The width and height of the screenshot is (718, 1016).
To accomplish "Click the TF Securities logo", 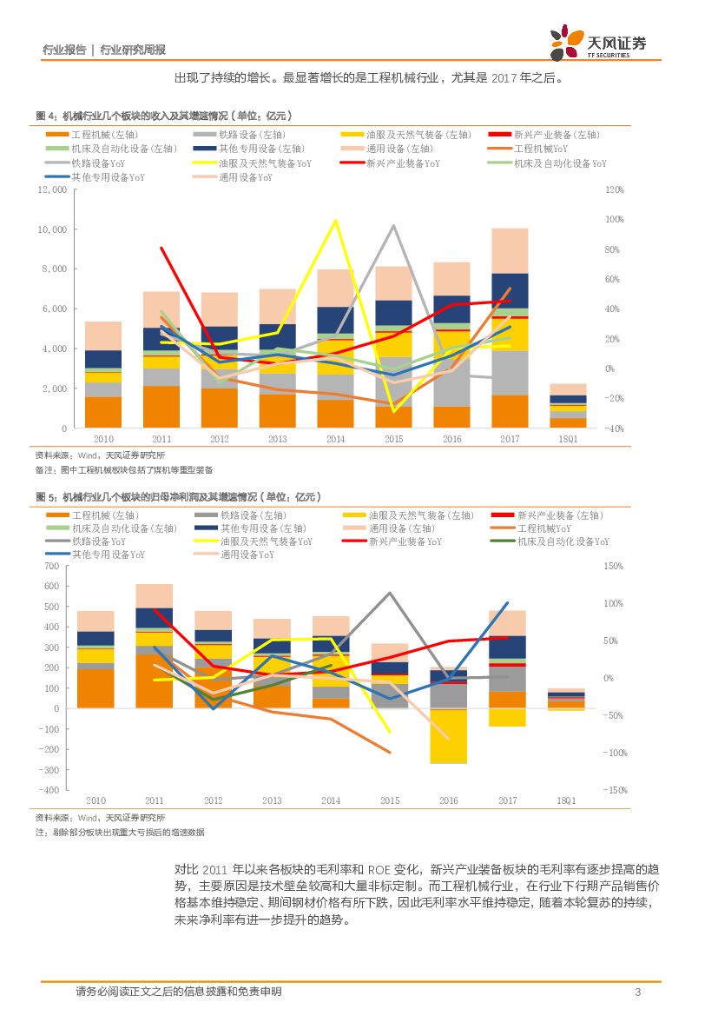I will click(598, 41).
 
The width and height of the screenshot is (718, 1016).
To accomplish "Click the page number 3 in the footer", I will click(637, 993).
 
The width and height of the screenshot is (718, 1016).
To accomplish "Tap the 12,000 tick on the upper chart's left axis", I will click(51, 189).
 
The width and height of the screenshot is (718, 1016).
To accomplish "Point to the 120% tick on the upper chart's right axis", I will click(614, 189).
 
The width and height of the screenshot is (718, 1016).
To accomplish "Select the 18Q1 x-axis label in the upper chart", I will click(567, 440).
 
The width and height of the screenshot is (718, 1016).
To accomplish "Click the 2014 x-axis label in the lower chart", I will click(331, 800).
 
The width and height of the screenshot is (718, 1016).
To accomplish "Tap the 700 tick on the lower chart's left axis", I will click(51, 566).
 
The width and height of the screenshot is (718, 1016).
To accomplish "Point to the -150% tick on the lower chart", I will click(616, 790).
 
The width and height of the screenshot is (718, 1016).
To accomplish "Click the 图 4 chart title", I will click(162, 115).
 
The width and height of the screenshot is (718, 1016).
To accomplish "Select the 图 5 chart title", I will click(178, 497).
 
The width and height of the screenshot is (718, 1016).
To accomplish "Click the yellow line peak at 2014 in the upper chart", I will click(335, 221).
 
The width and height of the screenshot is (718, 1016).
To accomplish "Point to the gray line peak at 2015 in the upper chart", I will click(394, 226).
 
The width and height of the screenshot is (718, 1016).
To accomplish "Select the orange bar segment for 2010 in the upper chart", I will click(103, 412).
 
